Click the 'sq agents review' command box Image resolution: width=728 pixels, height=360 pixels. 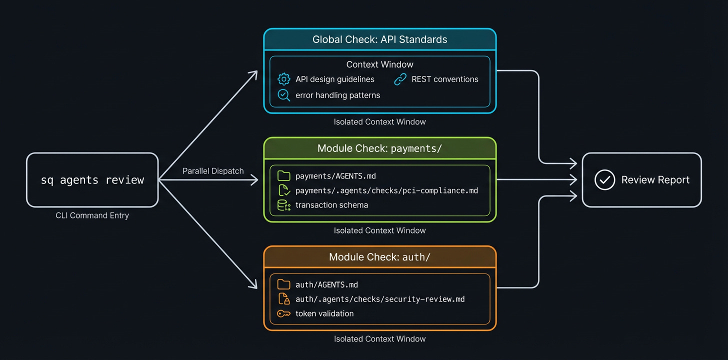pos(92,180)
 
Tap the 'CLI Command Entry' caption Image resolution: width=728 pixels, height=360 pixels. pos(92,215)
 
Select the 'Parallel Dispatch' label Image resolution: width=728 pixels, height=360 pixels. pos(213,171)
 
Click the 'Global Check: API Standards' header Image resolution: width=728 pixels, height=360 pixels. pos(379,39)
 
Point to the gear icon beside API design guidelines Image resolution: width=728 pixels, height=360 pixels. pos(283,79)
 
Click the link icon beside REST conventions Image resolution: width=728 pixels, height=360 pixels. pos(400,79)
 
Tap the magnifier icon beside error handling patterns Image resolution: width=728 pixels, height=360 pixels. pos(283,95)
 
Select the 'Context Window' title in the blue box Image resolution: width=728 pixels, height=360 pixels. pos(379,64)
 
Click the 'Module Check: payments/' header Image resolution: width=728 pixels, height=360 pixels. pos(379,148)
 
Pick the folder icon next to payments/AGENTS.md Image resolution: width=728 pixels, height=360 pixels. pos(283,175)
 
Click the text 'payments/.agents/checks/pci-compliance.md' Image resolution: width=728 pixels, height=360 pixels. pos(386,190)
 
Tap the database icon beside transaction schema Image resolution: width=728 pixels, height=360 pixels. pos(283,205)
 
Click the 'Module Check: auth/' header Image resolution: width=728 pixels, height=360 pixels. pos(379,257)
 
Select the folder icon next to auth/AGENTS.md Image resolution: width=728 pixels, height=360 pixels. pos(283,284)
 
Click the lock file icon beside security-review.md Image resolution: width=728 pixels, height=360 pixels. pos(283,299)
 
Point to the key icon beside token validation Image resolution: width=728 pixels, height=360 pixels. pos(283,314)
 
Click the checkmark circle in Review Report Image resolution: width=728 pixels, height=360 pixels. pos(604,180)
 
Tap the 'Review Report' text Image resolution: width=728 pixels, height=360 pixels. pos(655,180)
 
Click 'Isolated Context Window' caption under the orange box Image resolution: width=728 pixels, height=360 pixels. pos(379,339)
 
